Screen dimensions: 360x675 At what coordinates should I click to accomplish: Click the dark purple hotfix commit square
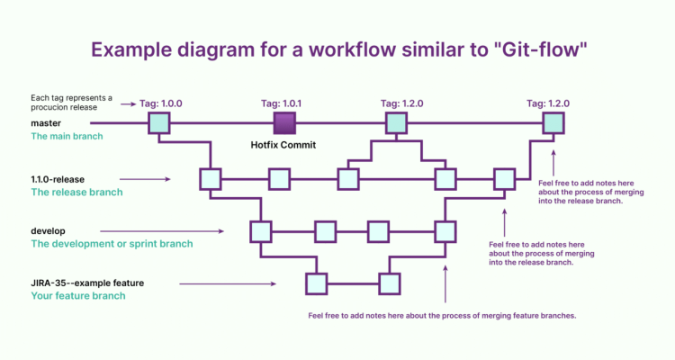click(284, 122)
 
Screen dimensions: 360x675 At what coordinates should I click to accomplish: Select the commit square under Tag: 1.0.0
click(160, 122)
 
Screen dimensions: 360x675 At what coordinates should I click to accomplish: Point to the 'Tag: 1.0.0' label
click(161, 103)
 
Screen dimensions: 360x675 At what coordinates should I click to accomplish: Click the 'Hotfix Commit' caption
click(284, 144)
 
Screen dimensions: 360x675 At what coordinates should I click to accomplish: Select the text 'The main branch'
click(67, 137)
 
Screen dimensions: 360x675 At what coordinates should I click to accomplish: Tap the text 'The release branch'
click(76, 193)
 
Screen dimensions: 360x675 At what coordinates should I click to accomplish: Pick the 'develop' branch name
click(49, 230)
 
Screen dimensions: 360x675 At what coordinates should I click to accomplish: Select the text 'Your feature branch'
click(77, 296)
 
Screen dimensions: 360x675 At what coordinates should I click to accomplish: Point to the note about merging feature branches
click(442, 316)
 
